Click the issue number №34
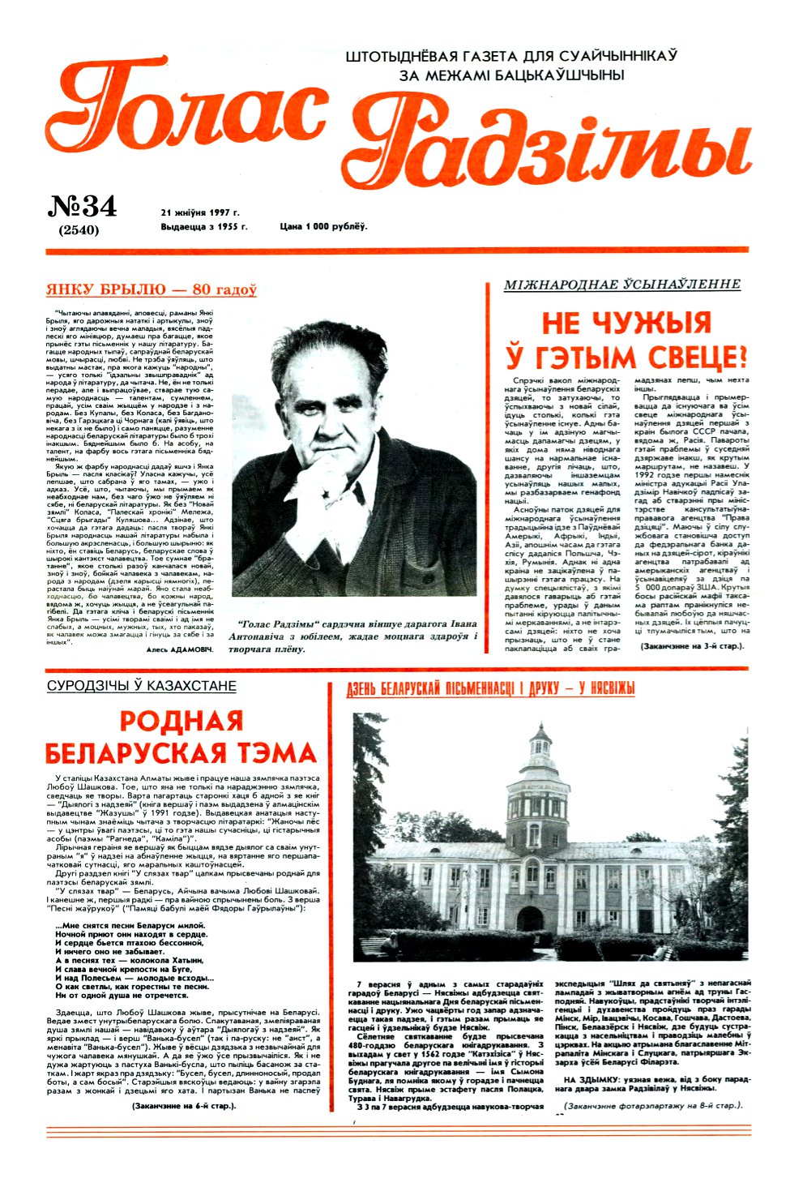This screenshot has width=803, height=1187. point(82,206)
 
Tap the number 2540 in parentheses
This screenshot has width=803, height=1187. point(79,229)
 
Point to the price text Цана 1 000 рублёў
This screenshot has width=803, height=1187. point(323,226)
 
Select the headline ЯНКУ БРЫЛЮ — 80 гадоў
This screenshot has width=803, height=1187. point(152,289)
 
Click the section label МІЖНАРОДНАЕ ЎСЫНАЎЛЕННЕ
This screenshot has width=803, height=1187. point(621,284)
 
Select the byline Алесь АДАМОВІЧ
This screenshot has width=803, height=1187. point(180,649)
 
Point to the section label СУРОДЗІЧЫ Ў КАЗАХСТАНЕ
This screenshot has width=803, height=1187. point(142,686)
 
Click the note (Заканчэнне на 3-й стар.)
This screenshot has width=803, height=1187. point(692,646)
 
